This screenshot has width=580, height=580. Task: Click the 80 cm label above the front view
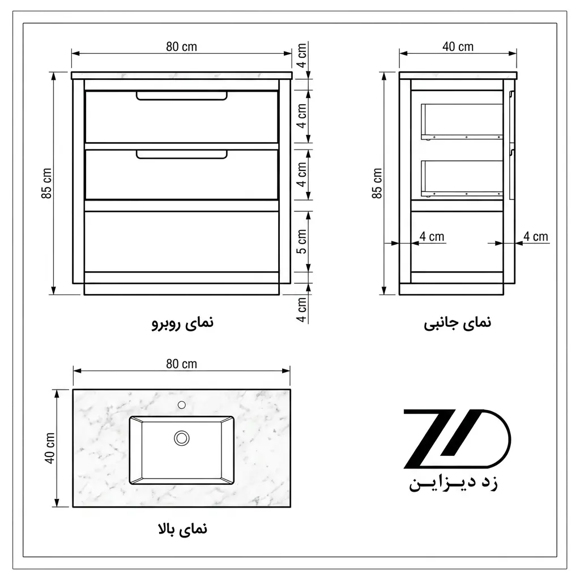point(181,46)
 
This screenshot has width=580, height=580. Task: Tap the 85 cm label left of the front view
point(46,183)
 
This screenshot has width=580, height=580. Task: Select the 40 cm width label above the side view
point(458,46)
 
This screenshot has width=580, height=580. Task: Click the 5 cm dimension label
point(302,241)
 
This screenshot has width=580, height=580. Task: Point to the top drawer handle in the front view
point(182,95)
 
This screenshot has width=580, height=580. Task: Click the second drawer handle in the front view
point(182,154)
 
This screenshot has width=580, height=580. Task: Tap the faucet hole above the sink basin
point(182,405)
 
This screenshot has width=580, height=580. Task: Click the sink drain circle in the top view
point(182,438)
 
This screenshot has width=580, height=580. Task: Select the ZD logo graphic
point(457,439)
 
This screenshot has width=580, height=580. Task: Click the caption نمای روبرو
point(183,323)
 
